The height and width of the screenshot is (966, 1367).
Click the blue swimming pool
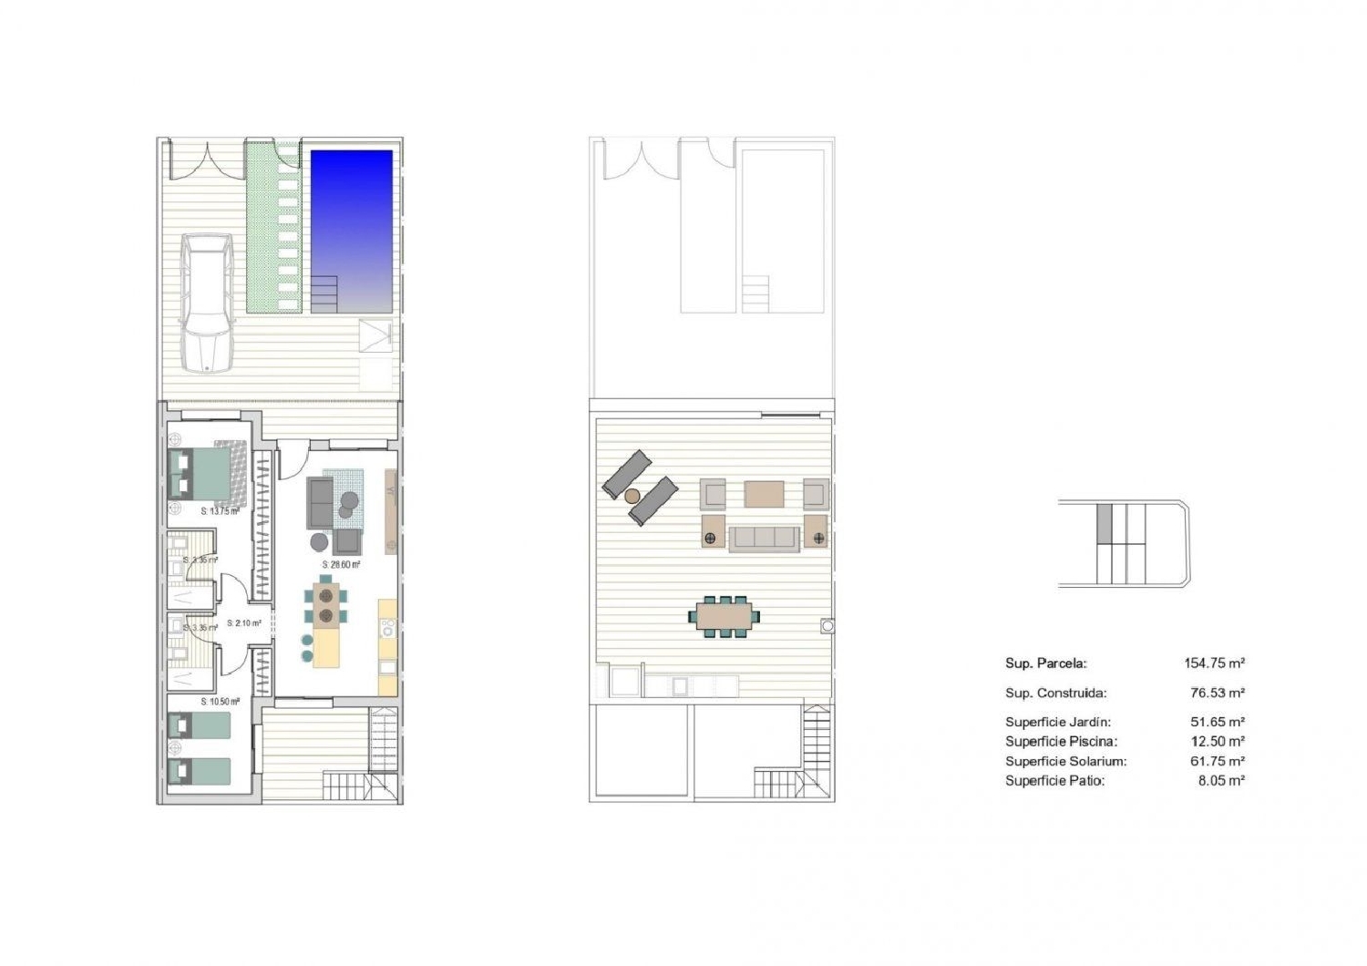pos(352,231)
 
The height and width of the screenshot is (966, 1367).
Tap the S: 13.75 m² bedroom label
pos(220,511)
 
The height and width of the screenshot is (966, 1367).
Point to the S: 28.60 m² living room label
pos(341,565)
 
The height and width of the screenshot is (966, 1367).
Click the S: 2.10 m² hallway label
pos(244,623)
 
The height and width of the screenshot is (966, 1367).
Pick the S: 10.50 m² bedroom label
pos(220,702)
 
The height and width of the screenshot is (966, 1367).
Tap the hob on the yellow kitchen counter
pos(387,627)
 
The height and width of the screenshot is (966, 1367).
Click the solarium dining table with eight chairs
pos(725,616)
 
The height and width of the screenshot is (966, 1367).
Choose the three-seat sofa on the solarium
pos(764,538)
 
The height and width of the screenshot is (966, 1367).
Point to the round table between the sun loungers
pos(632,496)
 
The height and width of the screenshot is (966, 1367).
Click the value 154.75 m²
pos(1214,663)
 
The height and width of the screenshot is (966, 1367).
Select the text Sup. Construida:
pos(1055,693)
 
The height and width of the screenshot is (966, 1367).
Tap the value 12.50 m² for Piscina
pos(1218,742)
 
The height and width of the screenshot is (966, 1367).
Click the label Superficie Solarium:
pos(1065,761)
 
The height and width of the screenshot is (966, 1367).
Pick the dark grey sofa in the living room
pos(320,502)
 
